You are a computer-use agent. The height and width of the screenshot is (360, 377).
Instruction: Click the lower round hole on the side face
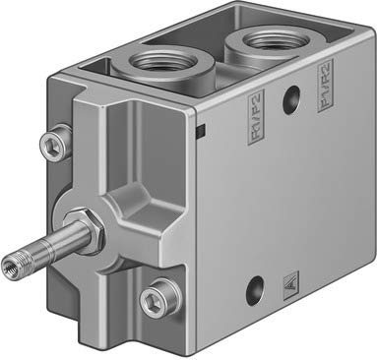point(257,288)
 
